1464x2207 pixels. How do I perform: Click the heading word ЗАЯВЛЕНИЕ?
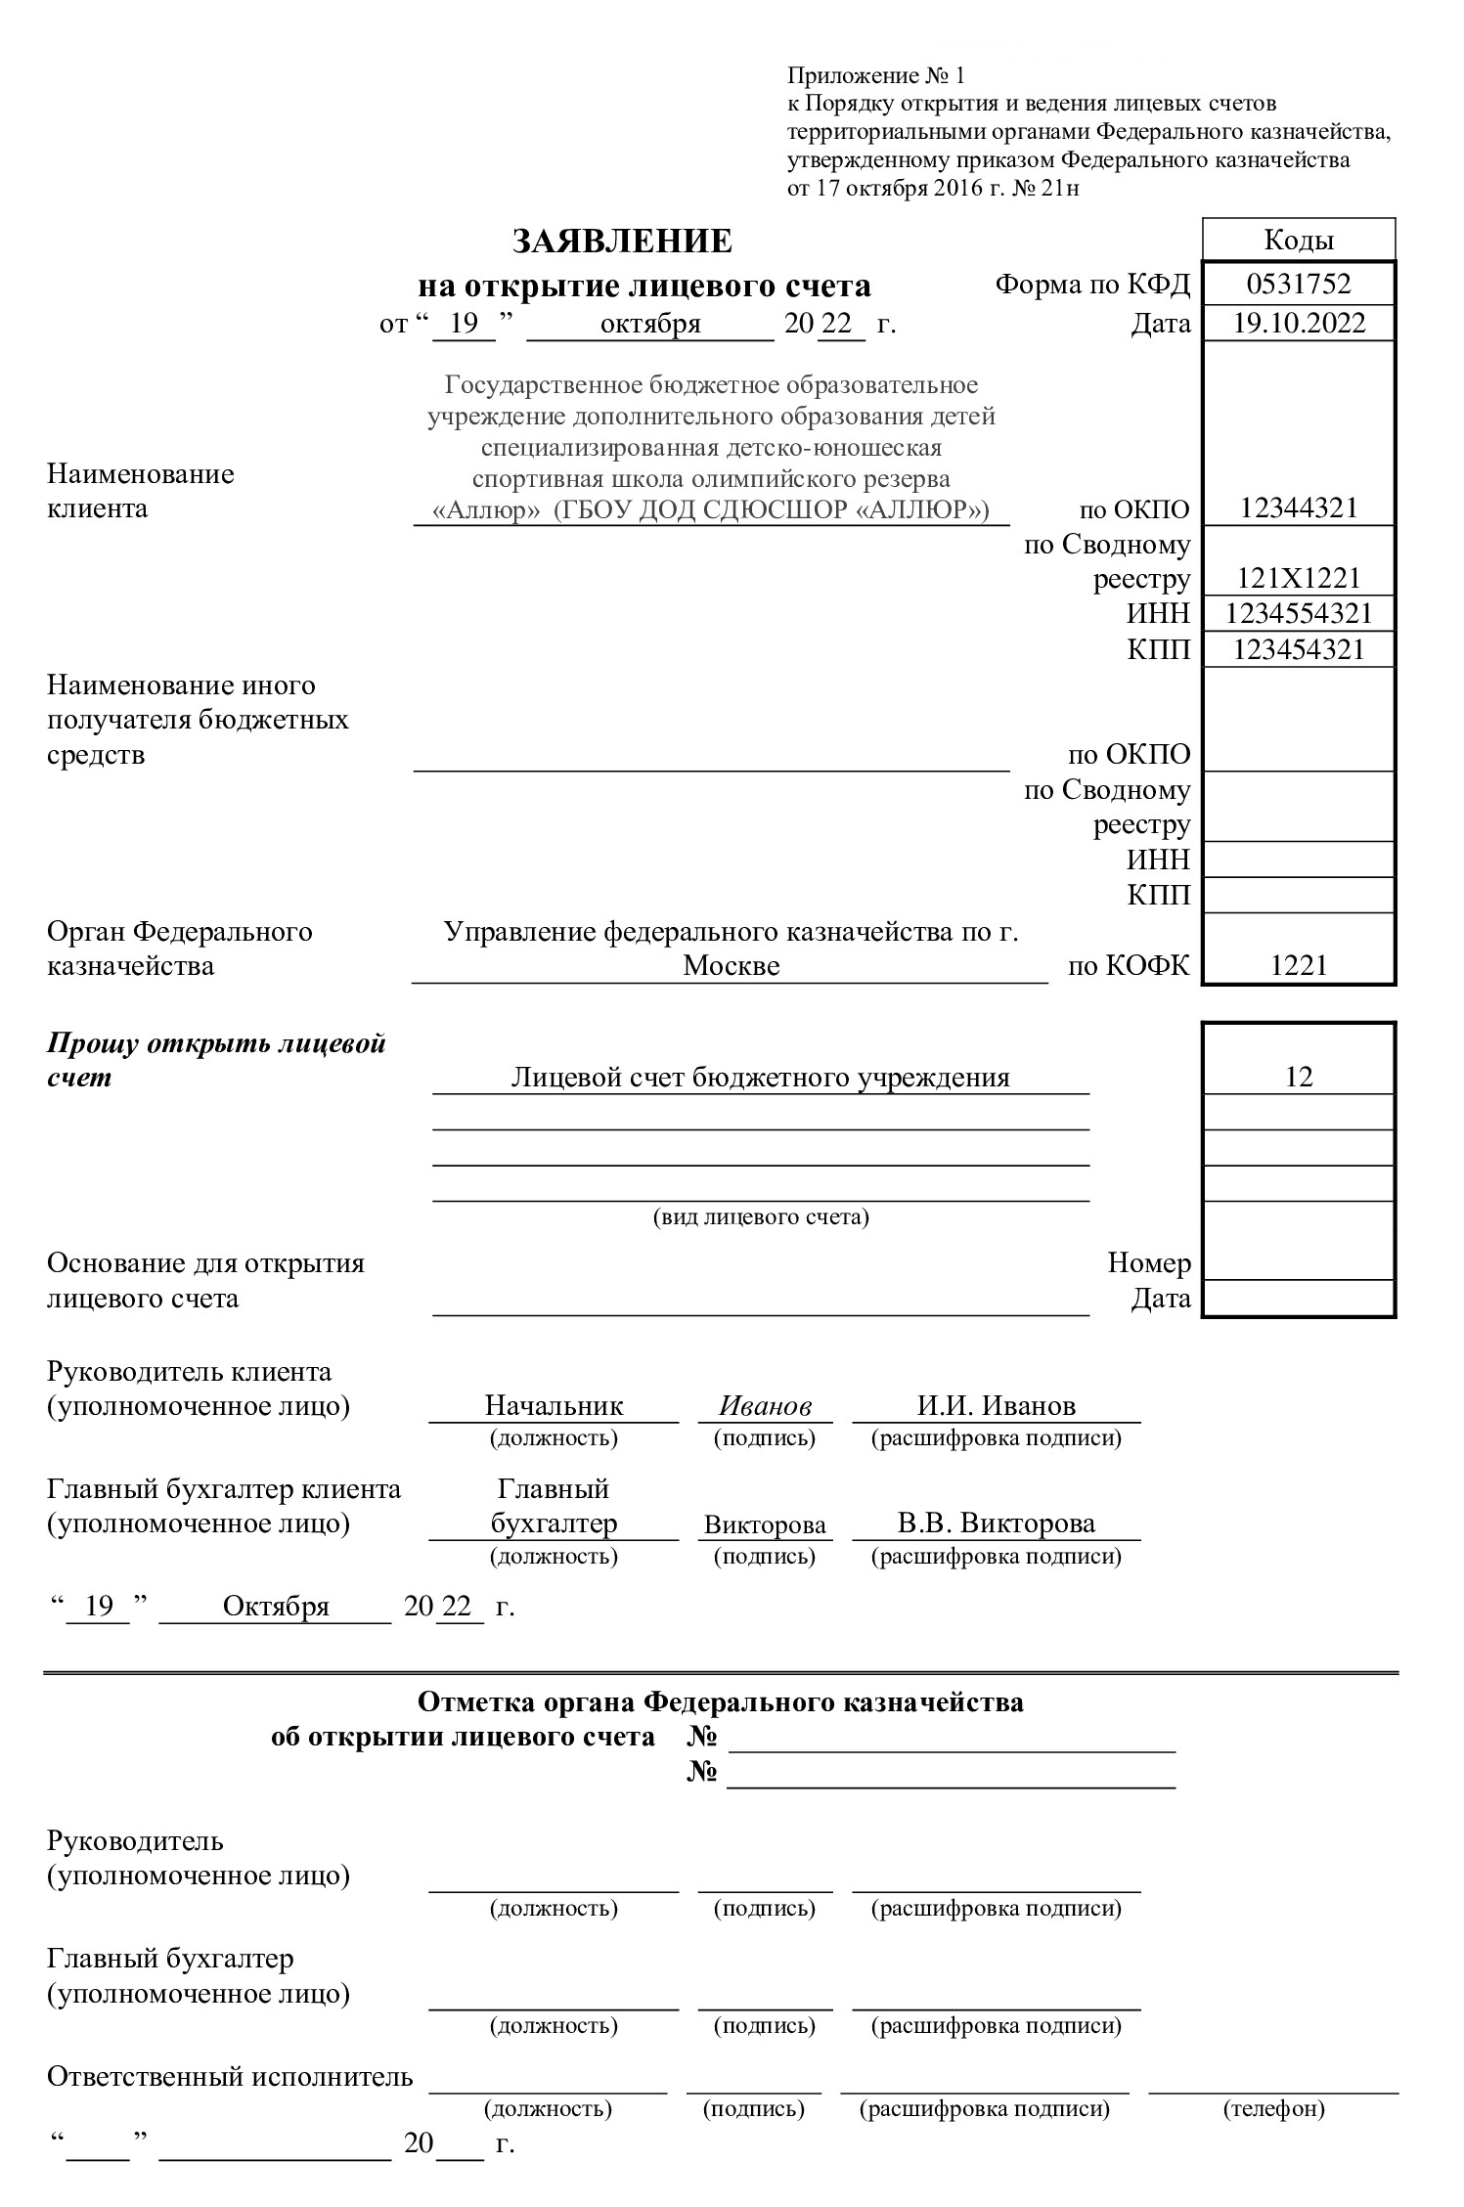coord(622,241)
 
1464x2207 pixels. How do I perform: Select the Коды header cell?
coord(1298,241)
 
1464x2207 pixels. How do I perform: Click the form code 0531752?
coord(1298,285)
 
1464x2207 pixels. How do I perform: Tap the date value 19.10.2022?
coord(1298,323)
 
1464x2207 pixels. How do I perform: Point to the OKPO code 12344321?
coord(1298,508)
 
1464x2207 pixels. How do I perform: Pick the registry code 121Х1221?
coord(1298,578)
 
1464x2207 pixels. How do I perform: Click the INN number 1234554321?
coord(1298,613)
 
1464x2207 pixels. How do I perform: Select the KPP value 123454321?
coord(1298,649)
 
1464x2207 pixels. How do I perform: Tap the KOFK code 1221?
coord(1298,966)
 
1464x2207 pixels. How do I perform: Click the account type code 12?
coord(1298,1077)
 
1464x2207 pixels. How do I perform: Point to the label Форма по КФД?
coord(1092,285)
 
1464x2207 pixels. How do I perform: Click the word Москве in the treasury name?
coord(731,966)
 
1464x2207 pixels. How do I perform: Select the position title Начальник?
coord(554,1406)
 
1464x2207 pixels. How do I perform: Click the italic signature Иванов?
coord(765,1406)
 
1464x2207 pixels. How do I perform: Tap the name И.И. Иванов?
coord(996,1406)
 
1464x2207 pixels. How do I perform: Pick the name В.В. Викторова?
coord(996,1523)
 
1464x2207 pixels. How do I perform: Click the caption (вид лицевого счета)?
coord(760,1217)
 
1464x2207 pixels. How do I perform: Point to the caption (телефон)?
coord(1273,2109)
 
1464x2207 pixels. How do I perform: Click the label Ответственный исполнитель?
coord(230,2077)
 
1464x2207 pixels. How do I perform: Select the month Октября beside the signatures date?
coord(276,1607)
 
